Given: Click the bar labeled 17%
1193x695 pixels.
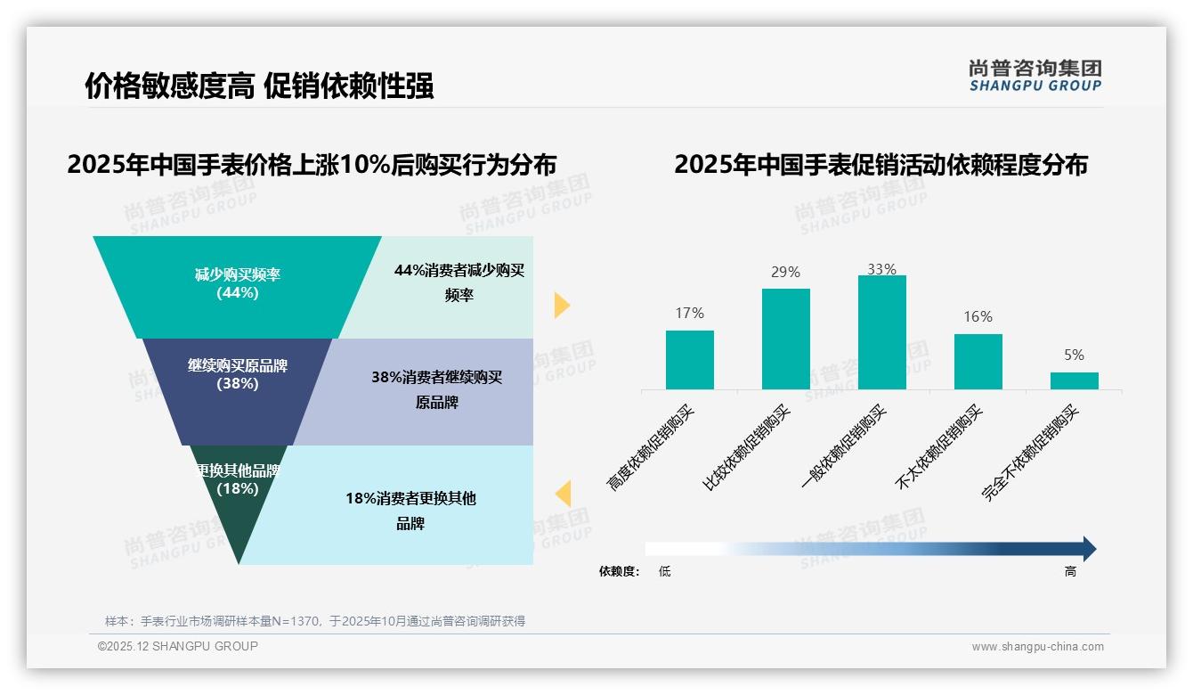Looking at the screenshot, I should [690, 360].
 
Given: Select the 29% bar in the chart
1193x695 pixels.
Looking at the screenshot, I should [786, 339].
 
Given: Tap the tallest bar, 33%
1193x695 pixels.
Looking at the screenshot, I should [882, 332].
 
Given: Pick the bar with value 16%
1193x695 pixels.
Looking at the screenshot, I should [978, 362].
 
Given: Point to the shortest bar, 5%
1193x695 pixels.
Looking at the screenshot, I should [1075, 380].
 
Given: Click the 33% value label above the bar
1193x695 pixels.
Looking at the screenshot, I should [882, 269].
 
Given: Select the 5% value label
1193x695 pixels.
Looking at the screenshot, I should [1075, 355].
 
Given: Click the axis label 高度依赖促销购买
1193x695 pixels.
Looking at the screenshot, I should [652, 447].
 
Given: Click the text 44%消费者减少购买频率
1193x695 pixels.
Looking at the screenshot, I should [459, 282].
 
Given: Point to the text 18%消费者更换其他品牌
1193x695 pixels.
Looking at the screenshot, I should [410, 511].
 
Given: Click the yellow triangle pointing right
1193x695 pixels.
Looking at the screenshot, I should [561, 305].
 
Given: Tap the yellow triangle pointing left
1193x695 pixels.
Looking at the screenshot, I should [563, 494].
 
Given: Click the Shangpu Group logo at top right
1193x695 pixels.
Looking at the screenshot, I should [1035, 76].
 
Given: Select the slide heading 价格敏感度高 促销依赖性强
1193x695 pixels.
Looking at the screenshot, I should [259, 86].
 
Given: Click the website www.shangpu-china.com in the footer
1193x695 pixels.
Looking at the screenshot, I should [1037, 647].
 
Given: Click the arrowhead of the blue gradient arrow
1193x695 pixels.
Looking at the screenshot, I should [1089, 549].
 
